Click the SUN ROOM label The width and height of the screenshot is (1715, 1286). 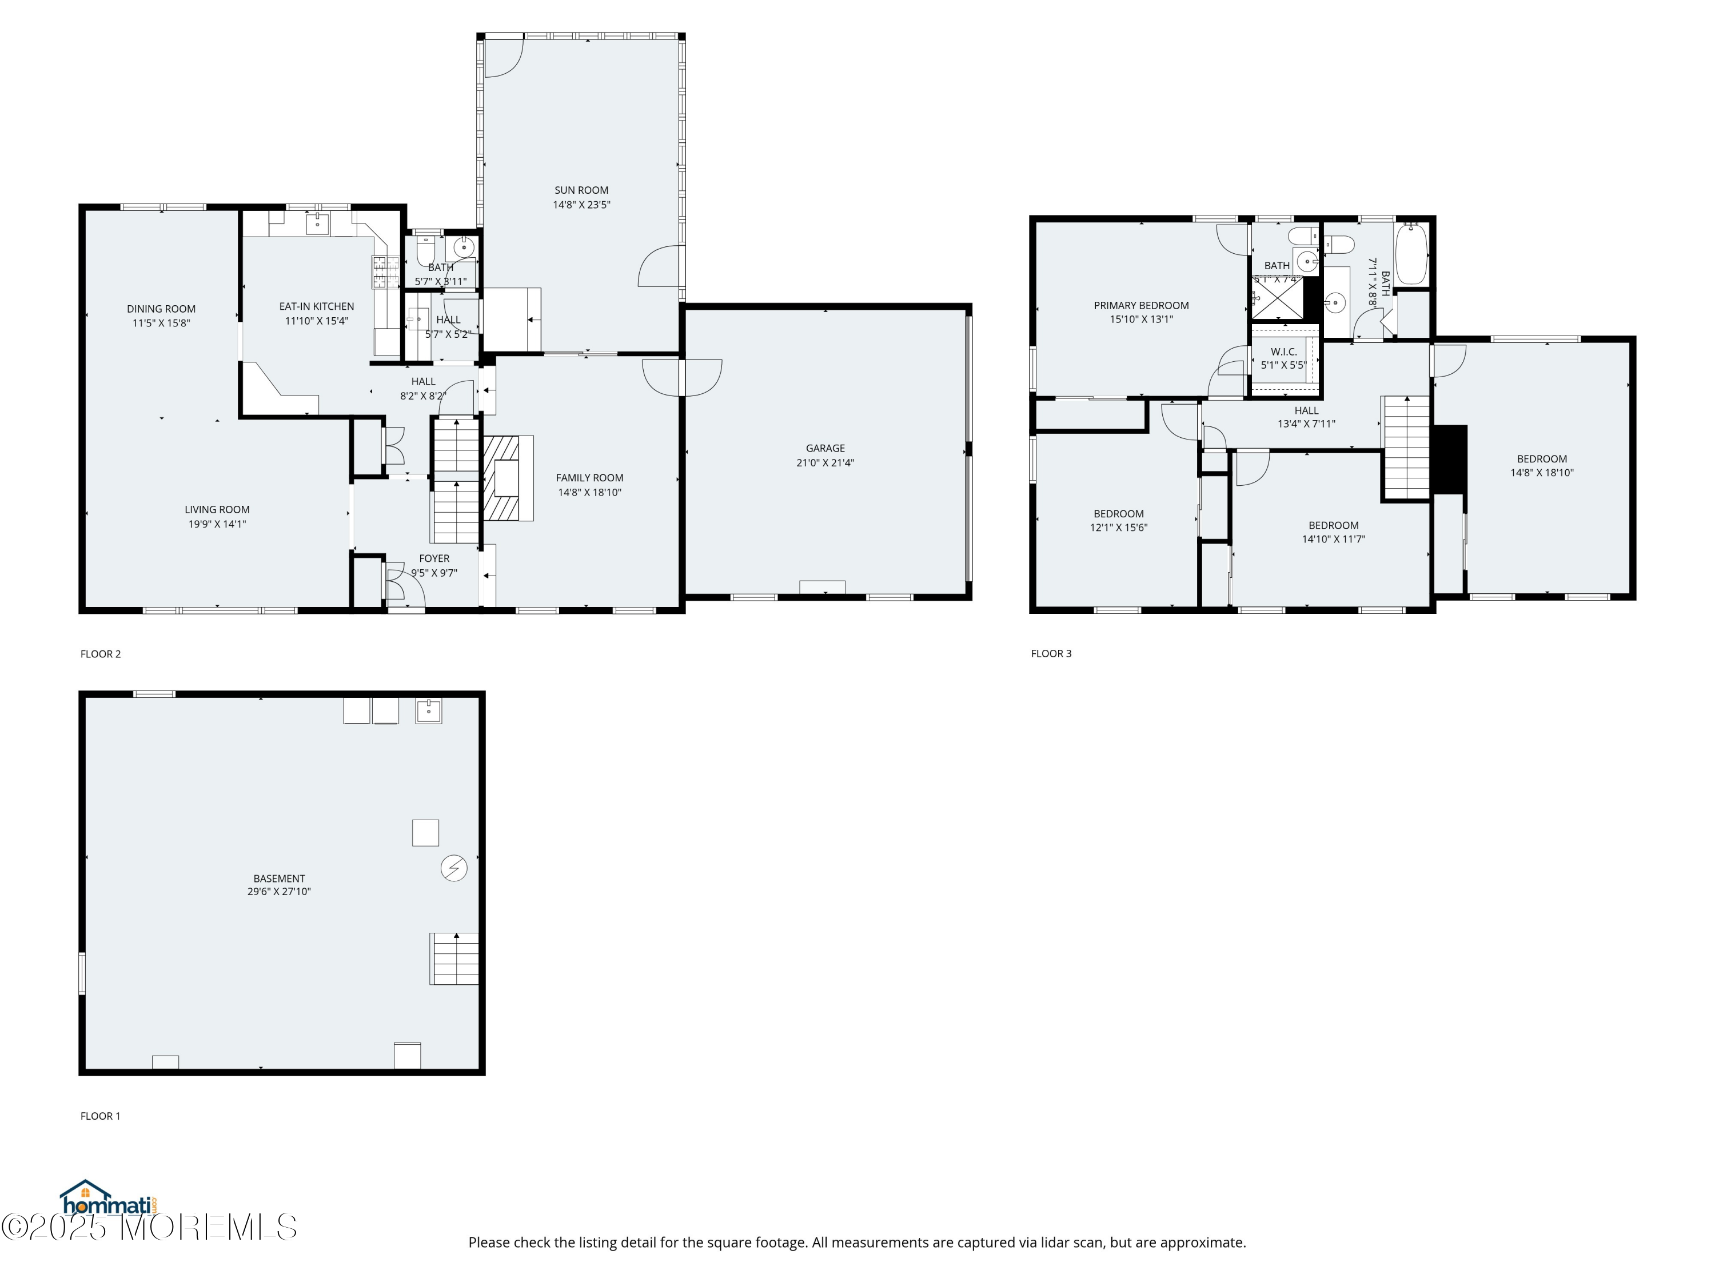581,190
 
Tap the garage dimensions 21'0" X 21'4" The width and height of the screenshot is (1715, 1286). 825,463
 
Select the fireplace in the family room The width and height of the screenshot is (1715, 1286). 508,477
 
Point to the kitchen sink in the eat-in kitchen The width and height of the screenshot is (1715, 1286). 318,224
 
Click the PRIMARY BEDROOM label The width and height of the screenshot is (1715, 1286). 1140,305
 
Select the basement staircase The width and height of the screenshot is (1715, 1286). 455,958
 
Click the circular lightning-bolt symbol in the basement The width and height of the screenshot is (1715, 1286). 453,868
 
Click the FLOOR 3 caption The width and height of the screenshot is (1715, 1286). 1051,653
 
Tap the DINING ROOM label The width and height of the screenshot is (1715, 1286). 161,309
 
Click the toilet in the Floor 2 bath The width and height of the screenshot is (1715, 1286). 425,250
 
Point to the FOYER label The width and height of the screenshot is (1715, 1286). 434,558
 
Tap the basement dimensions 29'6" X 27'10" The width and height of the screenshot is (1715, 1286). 279,892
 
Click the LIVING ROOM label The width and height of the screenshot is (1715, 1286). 217,509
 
